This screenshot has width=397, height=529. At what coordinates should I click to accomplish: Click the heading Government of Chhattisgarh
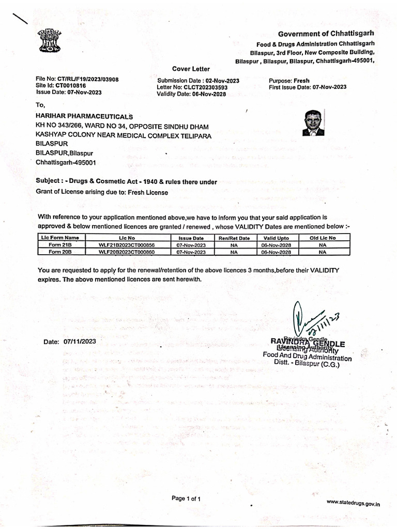tap(326, 34)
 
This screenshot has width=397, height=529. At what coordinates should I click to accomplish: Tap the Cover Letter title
tap(191, 69)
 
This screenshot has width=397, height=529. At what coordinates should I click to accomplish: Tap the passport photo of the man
tap(313, 123)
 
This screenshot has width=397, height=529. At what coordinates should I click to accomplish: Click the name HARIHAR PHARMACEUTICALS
tap(84, 117)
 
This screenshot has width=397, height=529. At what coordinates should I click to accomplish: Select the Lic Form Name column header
tap(60, 238)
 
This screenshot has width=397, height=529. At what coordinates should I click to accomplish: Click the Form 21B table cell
tap(60, 245)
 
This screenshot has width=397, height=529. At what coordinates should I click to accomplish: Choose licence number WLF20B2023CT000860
tap(127, 252)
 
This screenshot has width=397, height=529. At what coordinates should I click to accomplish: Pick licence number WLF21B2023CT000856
tap(127, 245)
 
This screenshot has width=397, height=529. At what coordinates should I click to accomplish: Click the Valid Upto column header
tap(276, 238)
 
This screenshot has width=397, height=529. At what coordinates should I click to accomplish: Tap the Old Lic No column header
tap(323, 238)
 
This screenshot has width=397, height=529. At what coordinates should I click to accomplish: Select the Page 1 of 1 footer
tap(186, 499)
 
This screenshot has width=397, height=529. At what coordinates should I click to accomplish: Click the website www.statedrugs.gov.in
tap(353, 502)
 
